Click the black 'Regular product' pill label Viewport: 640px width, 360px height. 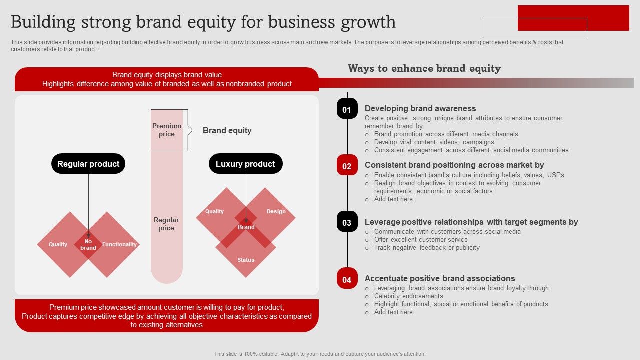pos(88,164)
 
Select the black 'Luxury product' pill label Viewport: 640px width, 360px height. pos(245,164)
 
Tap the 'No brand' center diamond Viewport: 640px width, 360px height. pos(88,245)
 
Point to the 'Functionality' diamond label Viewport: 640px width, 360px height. pos(119,244)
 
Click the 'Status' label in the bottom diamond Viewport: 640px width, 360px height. pos(246,260)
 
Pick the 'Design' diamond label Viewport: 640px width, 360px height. pos(276,211)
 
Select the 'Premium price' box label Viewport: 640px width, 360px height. pos(167,130)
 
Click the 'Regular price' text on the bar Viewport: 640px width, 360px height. pos(166,224)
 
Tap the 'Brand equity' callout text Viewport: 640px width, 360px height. pos(227,130)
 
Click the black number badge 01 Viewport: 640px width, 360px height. pos(347,109)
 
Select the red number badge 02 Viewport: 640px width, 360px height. pos(347,166)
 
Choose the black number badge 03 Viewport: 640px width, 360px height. pos(347,222)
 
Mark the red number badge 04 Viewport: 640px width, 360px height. pos(347,279)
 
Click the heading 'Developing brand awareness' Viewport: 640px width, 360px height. pos(420,108)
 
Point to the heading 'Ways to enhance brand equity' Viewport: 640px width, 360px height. pos(424,68)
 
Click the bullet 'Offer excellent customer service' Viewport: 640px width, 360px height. pos(421,239)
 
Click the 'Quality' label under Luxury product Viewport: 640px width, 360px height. pos(214,211)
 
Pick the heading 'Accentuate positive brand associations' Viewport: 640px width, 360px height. pos(440,278)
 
